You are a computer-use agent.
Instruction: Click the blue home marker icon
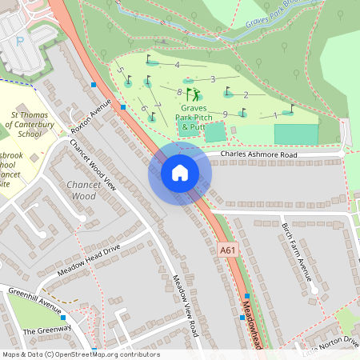coord(180,173)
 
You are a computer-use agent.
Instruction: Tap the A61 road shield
coord(229,250)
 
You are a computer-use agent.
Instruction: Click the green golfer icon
coord(193,95)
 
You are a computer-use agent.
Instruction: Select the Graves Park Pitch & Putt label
coord(193,117)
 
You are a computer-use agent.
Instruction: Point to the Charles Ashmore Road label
coord(258,154)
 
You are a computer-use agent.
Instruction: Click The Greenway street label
coord(47,330)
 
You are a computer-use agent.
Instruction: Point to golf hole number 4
coord(176,64)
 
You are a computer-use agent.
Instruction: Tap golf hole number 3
coord(213,78)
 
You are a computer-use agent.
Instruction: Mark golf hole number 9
coord(226,114)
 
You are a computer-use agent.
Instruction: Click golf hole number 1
coord(276,115)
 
